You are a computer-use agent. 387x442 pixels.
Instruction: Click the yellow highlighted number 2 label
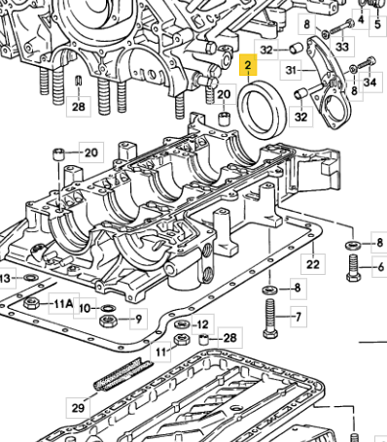tap(248, 65)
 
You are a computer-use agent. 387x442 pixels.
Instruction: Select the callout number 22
tap(313, 264)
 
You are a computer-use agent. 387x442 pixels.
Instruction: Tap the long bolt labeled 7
tap(270, 319)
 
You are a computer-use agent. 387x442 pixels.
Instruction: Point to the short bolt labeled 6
tap(353, 268)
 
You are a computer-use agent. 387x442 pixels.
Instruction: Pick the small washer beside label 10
tap(107, 307)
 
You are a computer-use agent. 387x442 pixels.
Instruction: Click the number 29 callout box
tap(78, 408)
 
